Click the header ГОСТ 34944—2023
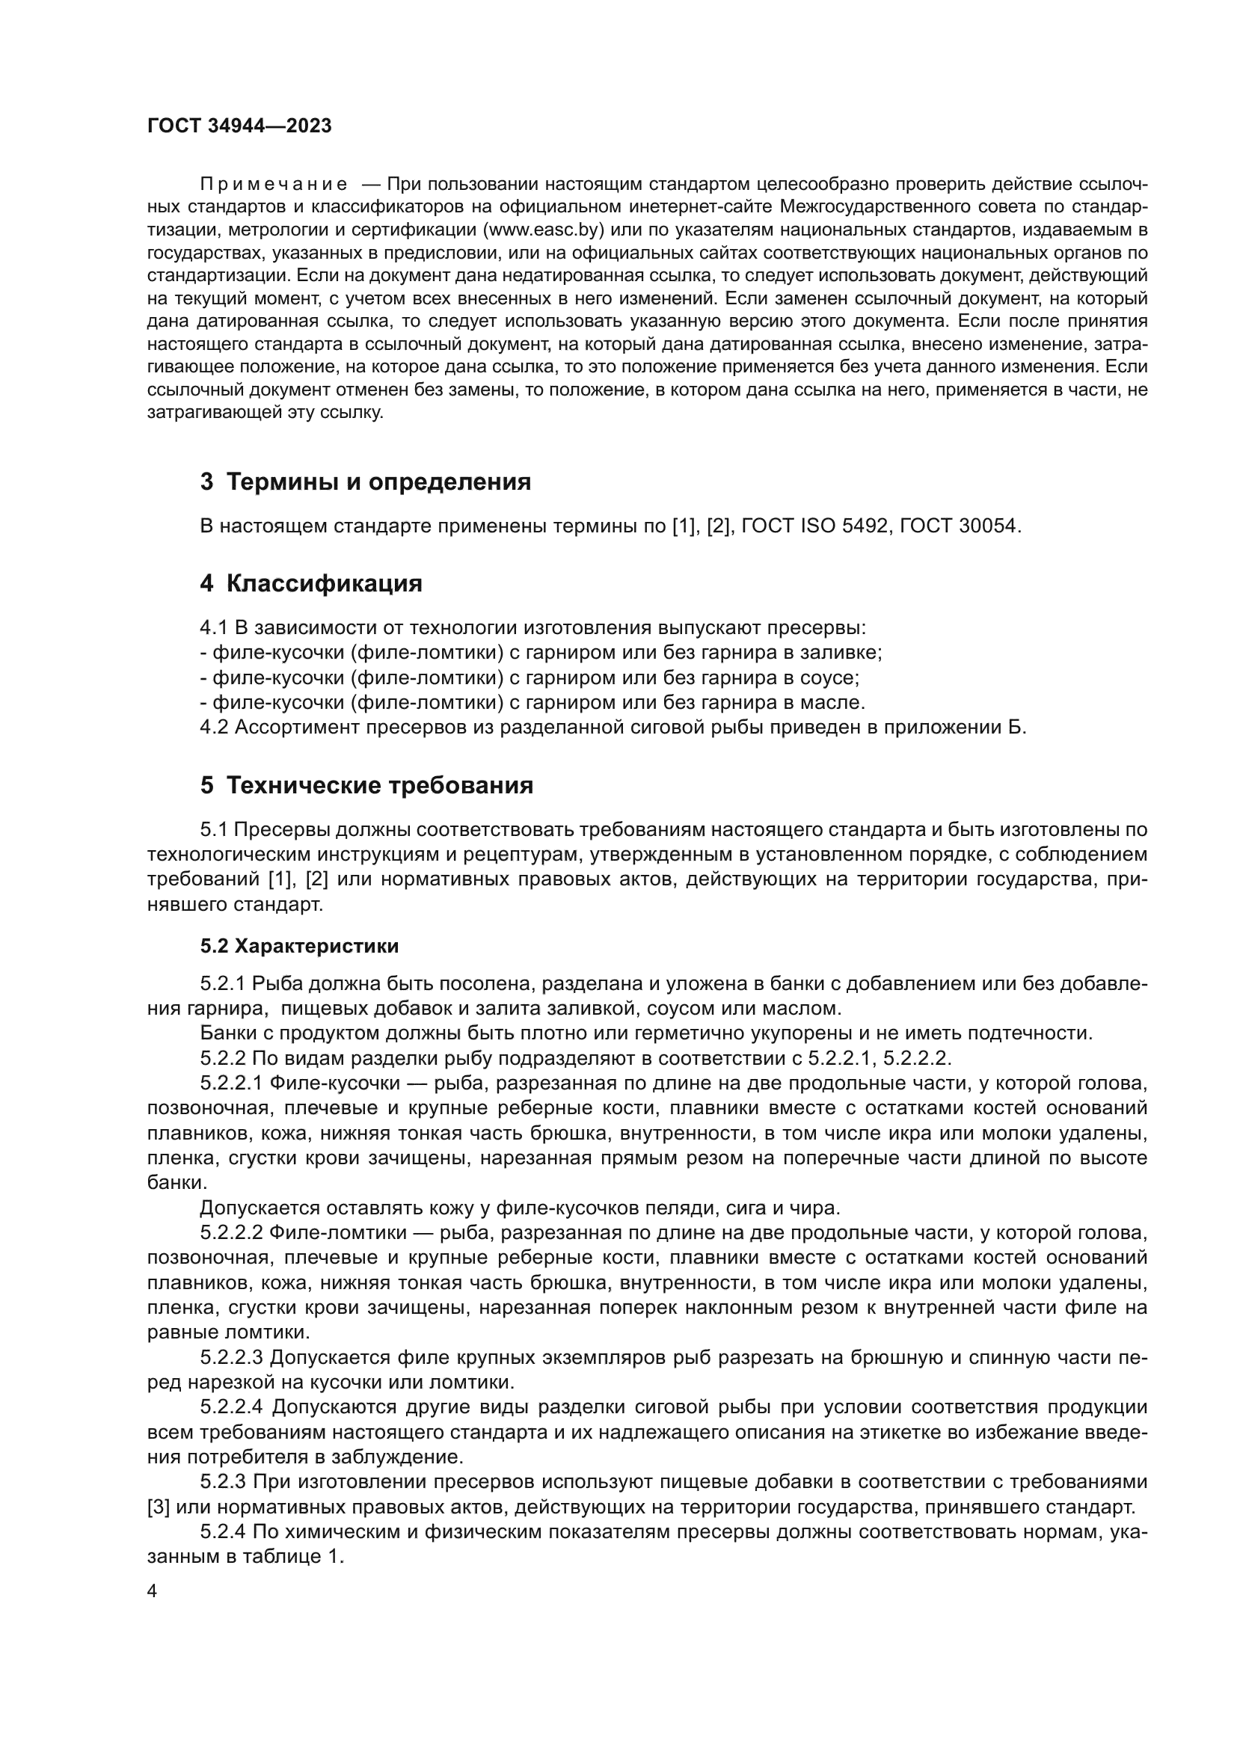coord(239,126)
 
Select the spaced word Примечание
coord(274,185)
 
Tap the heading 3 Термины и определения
coord(366,482)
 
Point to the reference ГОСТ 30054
coord(958,526)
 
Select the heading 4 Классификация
coord(311,584)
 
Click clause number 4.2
coord(214,728)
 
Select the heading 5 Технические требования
coord(366,786)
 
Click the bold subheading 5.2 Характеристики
coord(299,947)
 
